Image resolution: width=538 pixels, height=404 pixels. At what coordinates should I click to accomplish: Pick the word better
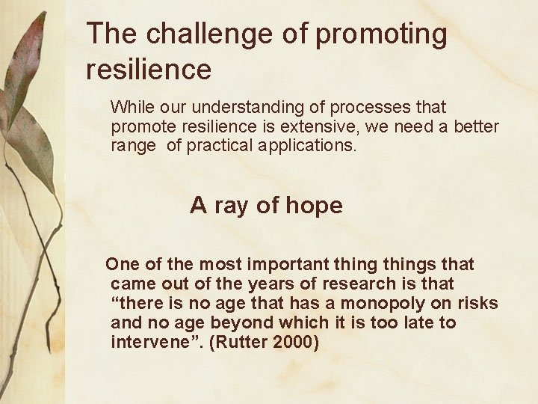[x=474, y=126]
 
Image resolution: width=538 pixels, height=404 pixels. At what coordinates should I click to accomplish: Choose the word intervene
[x=145, y=342]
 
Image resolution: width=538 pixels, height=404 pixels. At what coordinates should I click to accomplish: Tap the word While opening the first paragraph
[x=130, y=108]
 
